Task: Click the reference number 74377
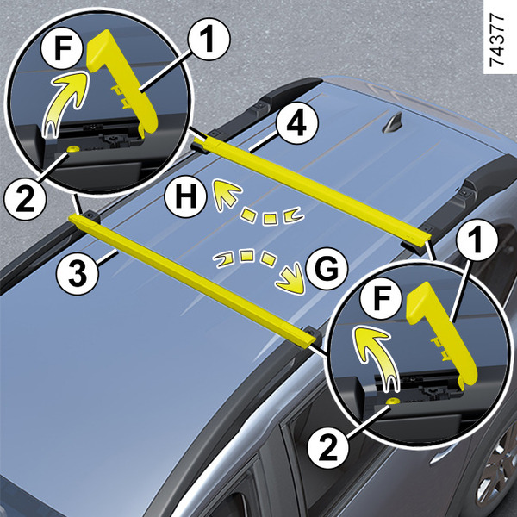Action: [x=496, y=40]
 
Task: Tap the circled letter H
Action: [x=185, y=196]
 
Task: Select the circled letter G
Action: [x=327, y=268]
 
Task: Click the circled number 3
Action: [x=78, y=274]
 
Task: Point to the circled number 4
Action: [x=296, y=124]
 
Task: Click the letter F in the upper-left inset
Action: [x=62, y=48]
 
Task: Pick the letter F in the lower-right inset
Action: [x=381, y=298]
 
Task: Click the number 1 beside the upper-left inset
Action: [x=209, y=40]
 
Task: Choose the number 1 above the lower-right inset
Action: [x=477, y=240]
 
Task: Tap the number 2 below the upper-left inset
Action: [x=25, y=199]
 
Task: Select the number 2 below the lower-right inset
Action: [x=328, y=448]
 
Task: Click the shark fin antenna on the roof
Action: [x=392, y=124]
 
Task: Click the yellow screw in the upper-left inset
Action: [x=72, y=149]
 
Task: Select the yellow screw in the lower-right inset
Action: [x=392, y=401]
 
